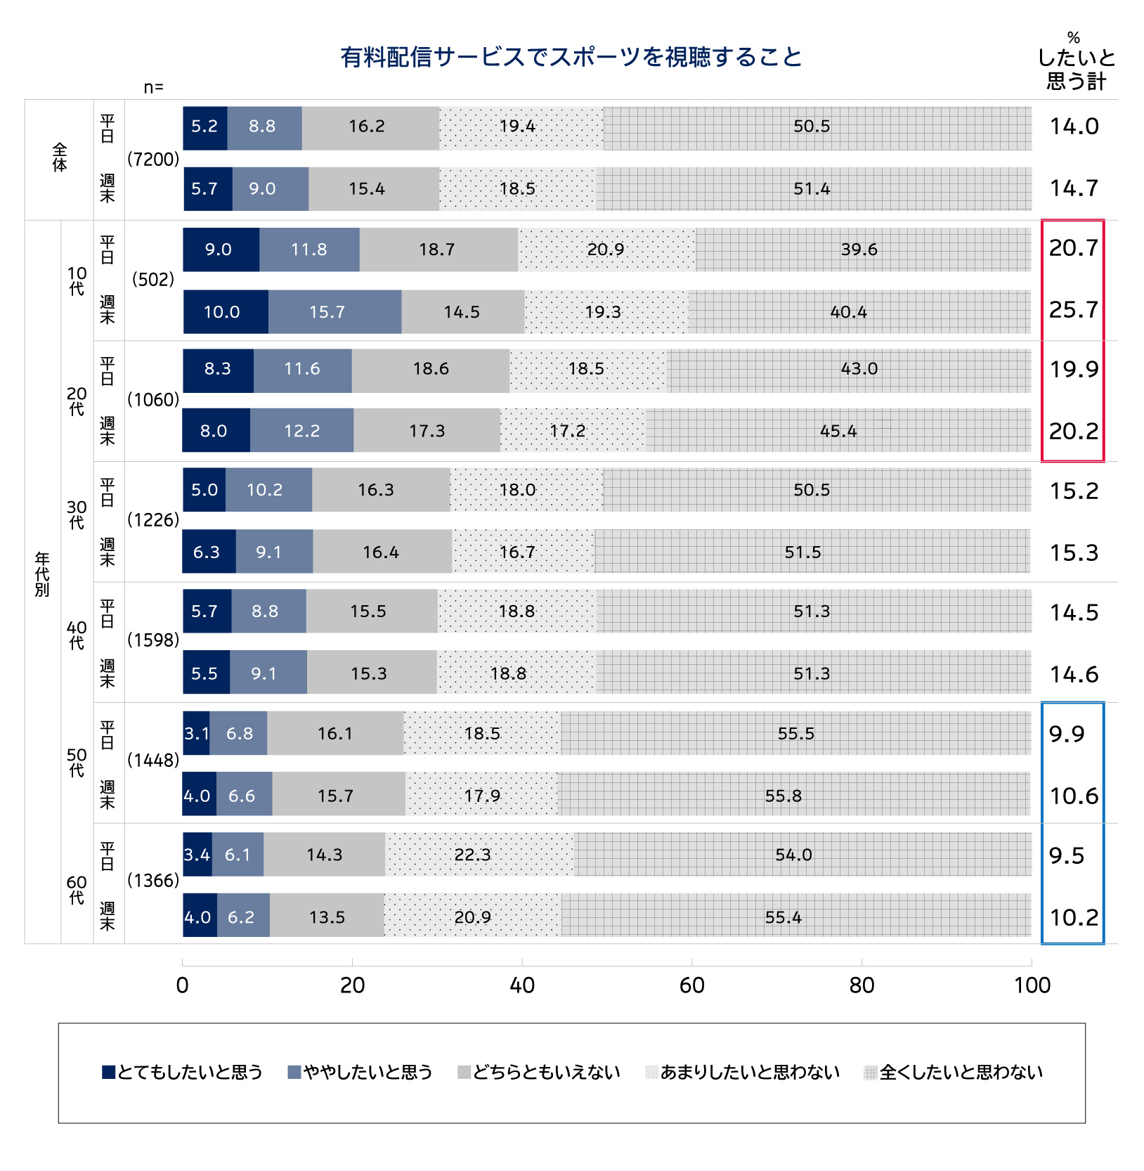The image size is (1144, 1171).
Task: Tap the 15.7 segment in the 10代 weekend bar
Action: point(334,312)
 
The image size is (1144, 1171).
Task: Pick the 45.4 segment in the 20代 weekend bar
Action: point(838,431)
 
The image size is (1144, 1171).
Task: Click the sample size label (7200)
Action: point(153,160)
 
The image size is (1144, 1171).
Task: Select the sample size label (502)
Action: point(153,280)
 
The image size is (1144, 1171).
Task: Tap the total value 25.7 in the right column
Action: point(1073,310)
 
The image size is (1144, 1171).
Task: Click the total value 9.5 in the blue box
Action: point(1067,855)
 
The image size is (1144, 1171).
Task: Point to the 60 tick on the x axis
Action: point(691,985)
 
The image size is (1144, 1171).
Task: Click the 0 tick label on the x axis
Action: point(183,985)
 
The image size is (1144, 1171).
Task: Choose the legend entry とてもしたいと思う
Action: point(183,1072)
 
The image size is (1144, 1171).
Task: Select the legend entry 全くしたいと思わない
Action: point(954,1072)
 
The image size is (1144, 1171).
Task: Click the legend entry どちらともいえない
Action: point(539,1072)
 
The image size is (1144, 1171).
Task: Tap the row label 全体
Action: point(60,158)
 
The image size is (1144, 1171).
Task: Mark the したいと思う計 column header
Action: point(1076,70)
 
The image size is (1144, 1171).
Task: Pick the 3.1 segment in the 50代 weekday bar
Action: point(196,733)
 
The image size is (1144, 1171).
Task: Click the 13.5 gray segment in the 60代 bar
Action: point(327,917)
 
